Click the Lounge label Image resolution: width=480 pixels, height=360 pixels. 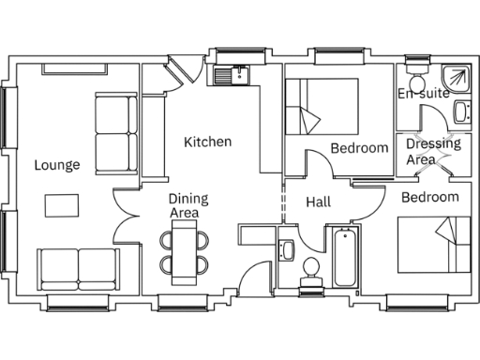point(57,165)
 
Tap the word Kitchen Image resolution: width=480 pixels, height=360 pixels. point(207,142)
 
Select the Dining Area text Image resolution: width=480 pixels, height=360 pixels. point(188,206)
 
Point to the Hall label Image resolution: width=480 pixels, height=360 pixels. point(319,202)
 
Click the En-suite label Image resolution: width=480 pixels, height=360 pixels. point(423,94)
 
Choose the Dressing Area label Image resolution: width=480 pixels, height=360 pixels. point(433,152)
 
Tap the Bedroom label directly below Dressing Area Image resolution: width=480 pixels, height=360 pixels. point(430,197)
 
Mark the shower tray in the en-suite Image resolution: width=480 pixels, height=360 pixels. point(456,75)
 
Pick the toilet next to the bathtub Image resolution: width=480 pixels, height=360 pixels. point(310,271)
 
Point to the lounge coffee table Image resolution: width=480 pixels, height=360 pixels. point(63,204)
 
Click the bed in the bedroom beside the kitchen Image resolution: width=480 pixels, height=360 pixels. point(322,109)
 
